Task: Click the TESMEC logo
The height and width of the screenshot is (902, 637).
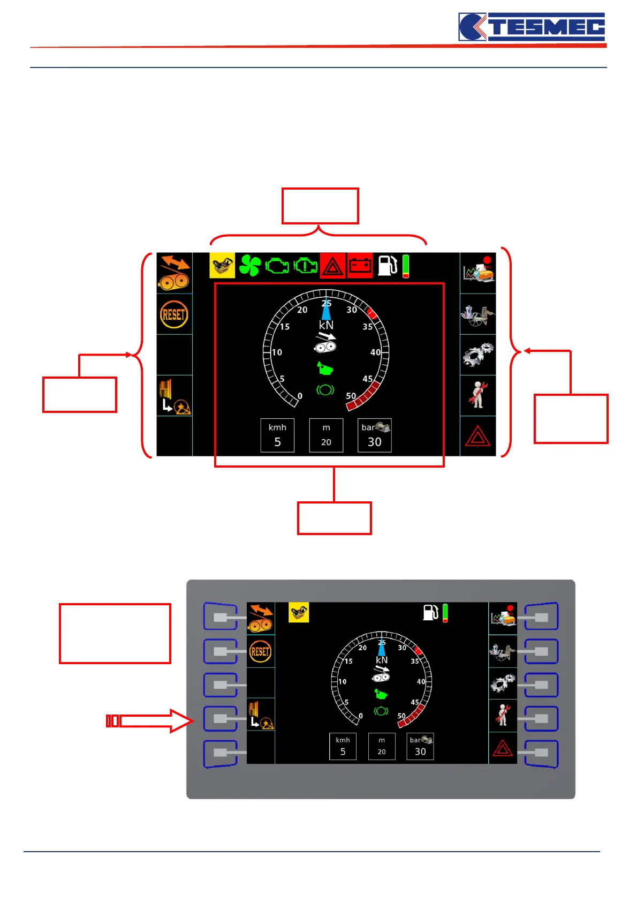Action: click(532, 27)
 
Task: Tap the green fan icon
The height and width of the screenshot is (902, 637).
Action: click(249, 266)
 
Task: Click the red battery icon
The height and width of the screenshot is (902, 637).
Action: click(360, 266)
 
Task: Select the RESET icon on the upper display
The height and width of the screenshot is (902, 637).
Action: click(173, 314)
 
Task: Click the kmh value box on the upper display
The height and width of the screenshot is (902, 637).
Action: click(277, 435)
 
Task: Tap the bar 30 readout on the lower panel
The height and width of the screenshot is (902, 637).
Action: click(420, 747)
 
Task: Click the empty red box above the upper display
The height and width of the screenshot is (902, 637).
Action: click(320, 206)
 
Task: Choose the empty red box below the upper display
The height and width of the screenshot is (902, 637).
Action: click(334, 518)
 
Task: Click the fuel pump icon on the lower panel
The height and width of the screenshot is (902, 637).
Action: click(430, 612)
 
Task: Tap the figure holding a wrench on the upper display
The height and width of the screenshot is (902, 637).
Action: click(477, 395)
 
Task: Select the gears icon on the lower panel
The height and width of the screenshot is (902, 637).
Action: click(502, 683)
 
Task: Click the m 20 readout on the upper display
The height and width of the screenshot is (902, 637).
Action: click(326, 435)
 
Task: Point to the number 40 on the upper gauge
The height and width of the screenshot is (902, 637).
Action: click(375, 352)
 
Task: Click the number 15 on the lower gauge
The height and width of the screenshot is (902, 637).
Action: click(348, 662)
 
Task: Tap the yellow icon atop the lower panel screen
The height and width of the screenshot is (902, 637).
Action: click(299, 612)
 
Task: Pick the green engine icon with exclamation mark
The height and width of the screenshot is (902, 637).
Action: click(305, 266)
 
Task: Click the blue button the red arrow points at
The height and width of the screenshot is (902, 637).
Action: click(220, 719)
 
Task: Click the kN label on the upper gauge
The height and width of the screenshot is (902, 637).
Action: click(326, 325)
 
